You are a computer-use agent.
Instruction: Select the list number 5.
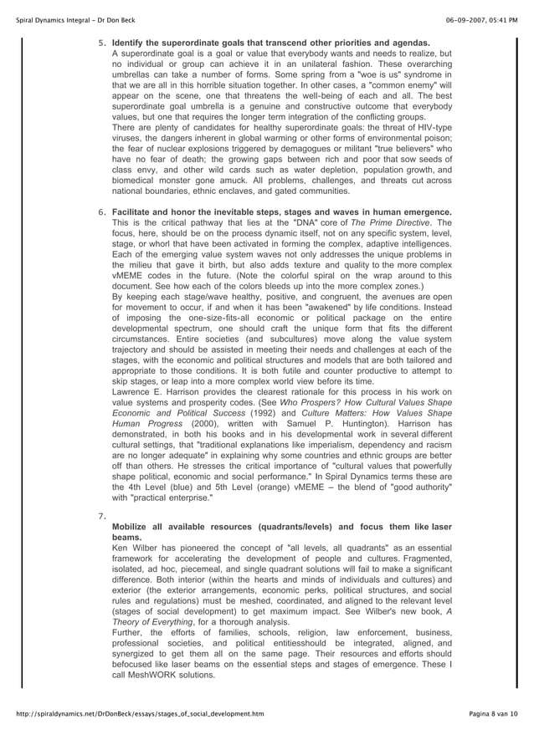[x=102, y=43]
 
